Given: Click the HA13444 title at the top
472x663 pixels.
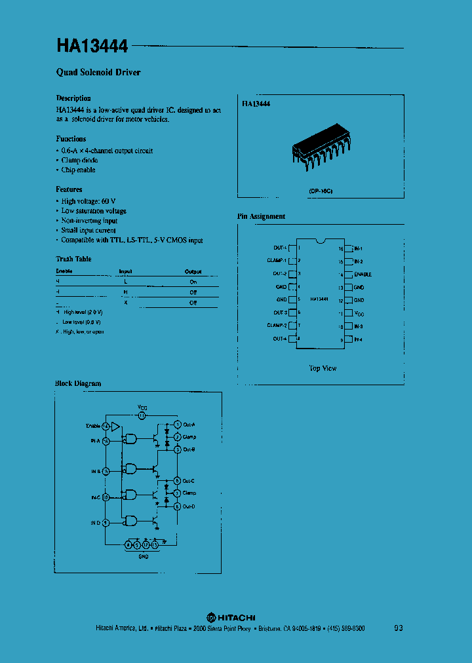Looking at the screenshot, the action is pos(93,47).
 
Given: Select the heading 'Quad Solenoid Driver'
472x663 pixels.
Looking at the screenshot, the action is pos(98,72).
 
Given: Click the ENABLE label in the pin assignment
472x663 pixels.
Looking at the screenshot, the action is pos(363,275).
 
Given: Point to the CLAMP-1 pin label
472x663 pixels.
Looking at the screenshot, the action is pos(275,261).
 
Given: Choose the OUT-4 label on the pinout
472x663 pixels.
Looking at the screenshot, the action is pos(279,339).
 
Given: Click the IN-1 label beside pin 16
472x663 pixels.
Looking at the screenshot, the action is pos(359,249).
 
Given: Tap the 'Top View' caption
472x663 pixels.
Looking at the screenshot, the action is pos(323,368).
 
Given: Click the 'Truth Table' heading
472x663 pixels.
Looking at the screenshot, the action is pos(73,259).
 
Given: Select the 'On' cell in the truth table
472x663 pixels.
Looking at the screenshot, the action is pos(193,281).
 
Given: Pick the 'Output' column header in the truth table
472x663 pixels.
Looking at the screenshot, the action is pos(193,271).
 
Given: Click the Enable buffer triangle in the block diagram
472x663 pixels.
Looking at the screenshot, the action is pos(115,426).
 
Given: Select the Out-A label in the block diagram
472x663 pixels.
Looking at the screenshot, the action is pos(189,425).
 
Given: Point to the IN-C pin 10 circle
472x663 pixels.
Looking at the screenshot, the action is pos(106,497).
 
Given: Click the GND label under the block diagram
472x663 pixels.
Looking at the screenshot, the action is pos(143,556).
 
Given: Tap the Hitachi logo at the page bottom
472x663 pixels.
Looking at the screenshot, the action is pos(231,617).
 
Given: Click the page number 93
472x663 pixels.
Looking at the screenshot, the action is pos(399,628).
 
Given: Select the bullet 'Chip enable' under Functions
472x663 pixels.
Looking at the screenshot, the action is pos(78,170).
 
